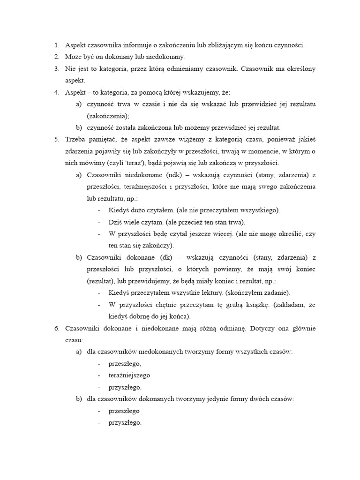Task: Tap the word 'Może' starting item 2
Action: pos(73,57)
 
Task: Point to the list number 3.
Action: pos(56,69)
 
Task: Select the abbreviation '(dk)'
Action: pos(169,257)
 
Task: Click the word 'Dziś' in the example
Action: pos(115,222)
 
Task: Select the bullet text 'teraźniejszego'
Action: pos(129,375)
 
